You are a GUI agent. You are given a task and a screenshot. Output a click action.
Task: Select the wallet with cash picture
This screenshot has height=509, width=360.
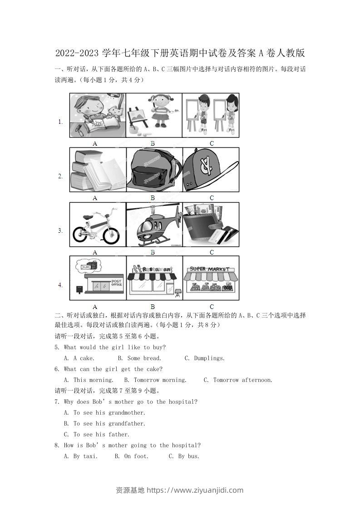(x=211, y=225)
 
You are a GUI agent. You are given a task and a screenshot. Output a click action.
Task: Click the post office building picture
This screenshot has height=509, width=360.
(x=98, y=279)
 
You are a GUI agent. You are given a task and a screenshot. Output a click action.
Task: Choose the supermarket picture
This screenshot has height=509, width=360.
(x=211, y=279)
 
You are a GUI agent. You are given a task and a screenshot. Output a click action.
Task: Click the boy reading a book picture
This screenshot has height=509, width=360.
(x=98, y=116)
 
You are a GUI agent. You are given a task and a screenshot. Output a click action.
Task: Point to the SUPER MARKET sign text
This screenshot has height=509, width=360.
(x=210, y=269)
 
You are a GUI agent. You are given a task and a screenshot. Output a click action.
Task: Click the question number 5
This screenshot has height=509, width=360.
(x=56, y=347)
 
